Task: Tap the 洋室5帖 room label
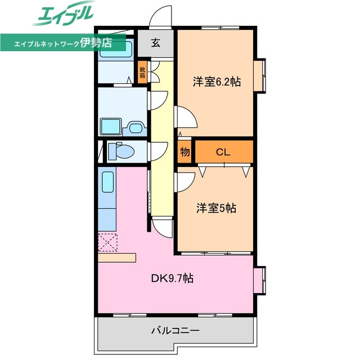point(216,208)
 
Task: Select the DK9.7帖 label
point(172,278)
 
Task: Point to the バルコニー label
point(175,330)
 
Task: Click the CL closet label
point(223,152)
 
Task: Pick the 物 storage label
point(184,152)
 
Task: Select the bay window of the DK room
point(259,281)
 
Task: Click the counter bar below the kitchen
point(116,258)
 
